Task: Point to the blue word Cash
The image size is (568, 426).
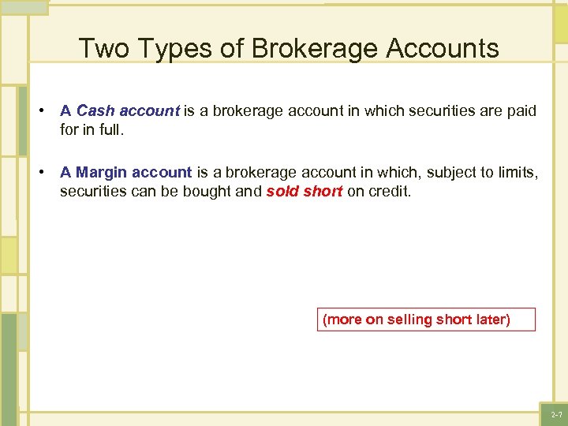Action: (x=95, y=111)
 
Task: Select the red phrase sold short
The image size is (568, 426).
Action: (x=305, y=192)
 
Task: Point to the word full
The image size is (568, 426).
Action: (x=110, y=129)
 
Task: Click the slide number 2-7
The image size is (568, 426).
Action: (x=555, y=415)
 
